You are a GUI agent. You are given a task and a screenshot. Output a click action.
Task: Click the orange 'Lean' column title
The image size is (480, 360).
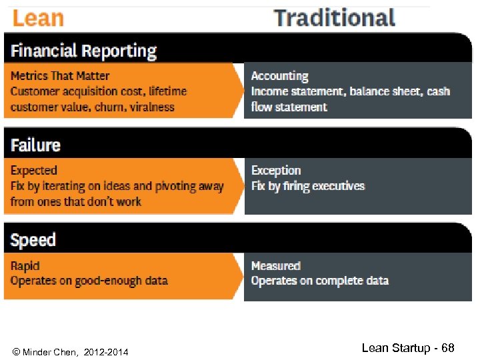click(38, 18)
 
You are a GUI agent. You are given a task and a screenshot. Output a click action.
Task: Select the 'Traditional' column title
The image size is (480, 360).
click(335, 18)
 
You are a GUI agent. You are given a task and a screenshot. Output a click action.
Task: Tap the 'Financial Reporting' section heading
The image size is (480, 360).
click(83, 51)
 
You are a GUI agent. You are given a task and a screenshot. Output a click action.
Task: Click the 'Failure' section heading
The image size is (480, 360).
click(35, 145)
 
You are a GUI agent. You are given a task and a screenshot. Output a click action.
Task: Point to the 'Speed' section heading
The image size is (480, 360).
click(33, 240)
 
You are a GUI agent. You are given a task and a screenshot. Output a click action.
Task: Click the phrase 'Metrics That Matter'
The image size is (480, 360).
click(60, 76)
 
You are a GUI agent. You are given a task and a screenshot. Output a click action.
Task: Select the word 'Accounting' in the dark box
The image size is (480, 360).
click(279, 76)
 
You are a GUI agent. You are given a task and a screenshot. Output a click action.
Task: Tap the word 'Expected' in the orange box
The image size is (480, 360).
click(34, 171)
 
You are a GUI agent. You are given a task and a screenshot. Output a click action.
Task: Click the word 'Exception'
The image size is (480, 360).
click(276, 171)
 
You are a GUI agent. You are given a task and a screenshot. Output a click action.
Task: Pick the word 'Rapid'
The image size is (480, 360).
click(25, 266)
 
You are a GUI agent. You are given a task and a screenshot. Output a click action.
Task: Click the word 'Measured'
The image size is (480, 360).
click(276, 266)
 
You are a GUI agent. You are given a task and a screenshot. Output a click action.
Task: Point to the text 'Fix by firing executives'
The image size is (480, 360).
click(308, 186)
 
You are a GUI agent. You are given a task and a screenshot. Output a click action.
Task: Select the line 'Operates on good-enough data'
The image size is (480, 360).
click(89, 281)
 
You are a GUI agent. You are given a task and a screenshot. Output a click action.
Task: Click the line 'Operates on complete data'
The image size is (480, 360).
click(319, 281)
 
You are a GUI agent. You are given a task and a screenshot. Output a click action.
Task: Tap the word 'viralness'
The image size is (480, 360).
click(152, 107)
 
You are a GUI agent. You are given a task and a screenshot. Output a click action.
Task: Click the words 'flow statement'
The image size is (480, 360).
click(289, 107)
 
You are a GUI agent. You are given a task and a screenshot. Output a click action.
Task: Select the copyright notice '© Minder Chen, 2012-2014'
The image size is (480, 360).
click(71, 351)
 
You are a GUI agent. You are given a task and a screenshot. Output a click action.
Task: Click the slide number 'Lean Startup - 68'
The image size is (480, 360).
click(407, 348)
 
